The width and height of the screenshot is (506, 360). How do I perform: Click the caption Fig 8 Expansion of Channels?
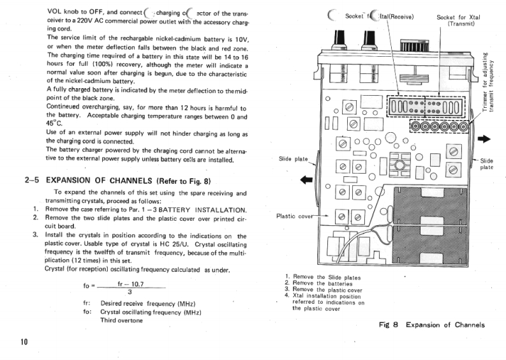(431, 325)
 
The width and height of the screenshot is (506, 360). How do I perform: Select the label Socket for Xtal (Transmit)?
(459, 20)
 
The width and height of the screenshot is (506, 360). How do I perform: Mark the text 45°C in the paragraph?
(55, 123)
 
